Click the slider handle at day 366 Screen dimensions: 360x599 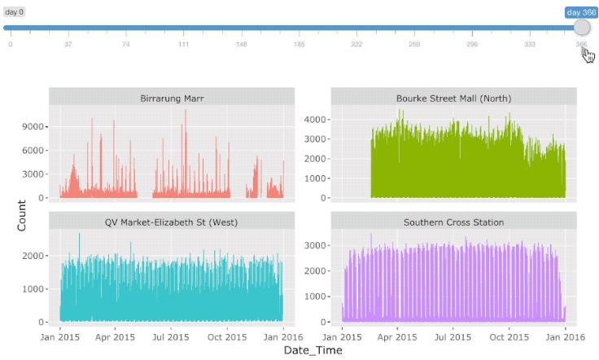coord(581,27)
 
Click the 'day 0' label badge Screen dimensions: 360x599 coord(15,12)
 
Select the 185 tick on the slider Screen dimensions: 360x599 coord(299,44)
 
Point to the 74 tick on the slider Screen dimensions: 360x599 coord(125,44)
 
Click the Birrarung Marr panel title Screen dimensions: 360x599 coord(171,99)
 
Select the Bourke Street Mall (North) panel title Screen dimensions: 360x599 coord(453,99)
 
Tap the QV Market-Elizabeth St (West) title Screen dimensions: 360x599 coord(171,222)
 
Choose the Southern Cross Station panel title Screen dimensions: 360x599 coord(453,222)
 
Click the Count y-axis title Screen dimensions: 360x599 coord(22,214)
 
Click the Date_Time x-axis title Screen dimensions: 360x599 coord(312,350)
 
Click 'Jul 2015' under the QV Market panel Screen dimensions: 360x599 coord(171,336)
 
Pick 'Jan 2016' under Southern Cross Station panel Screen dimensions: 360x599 coord(565,336)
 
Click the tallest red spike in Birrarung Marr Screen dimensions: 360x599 coord(186,112)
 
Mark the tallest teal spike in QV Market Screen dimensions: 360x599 coord(79,235)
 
